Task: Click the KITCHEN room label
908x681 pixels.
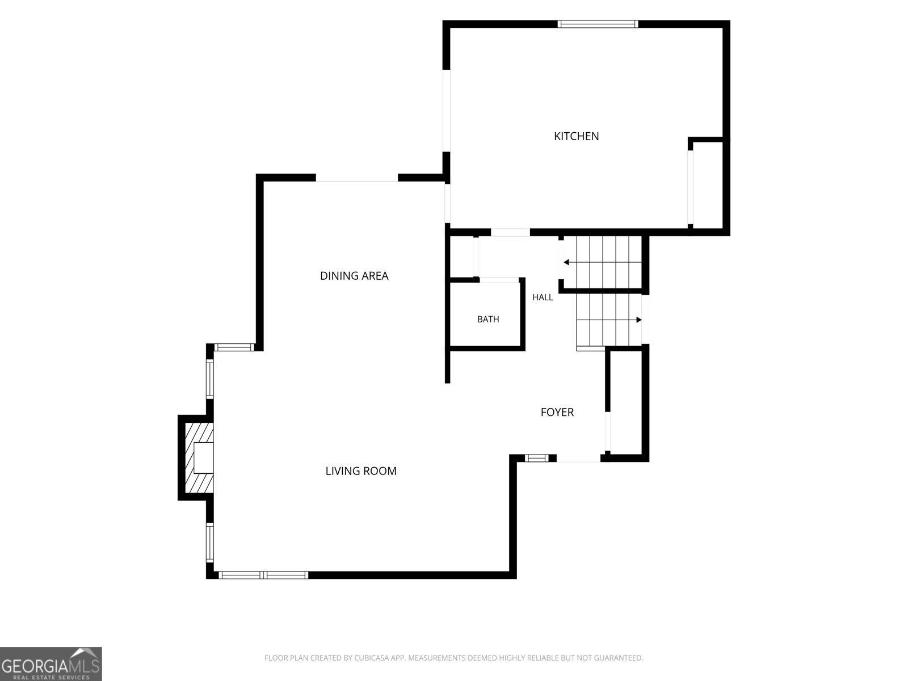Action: coord(576,136)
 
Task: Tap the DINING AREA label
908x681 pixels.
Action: coord(354,276)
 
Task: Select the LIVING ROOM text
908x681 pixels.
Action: coord(361,471)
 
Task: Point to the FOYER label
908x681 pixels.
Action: coord(557,412)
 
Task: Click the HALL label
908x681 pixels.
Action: coord(543,297)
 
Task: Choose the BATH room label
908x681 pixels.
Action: coord(488,319)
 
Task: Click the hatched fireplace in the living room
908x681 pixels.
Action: coord(199,458)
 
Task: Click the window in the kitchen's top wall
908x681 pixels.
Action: coord(598,24)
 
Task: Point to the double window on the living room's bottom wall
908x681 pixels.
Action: coord(263,575)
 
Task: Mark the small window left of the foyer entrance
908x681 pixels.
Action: coord(536,458)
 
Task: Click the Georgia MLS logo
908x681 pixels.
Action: coord(51,663)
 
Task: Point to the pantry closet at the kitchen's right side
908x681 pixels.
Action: coord(707,185)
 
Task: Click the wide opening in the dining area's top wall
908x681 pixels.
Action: coord(356,178)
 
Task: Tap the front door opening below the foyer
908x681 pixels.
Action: coord(578,458)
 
